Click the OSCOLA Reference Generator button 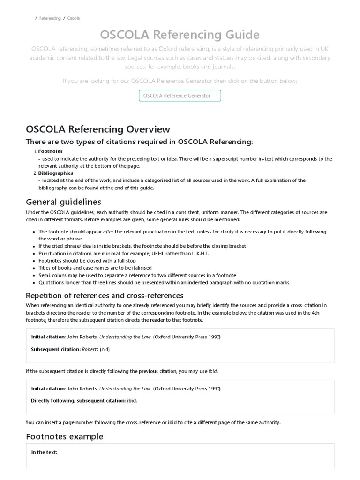click(x=180, y=96)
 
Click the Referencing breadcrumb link click(x=50, y=18)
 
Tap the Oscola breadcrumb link click(x=73, y=18)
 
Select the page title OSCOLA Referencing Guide click(x=180, y=34)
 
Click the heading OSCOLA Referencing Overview click(x=98, y=129)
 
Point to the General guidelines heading click(x=63, y=202)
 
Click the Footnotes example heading click(x=65, y=436)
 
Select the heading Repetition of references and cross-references click(x=105, y=295)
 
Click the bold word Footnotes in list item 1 click(x=50, y=151)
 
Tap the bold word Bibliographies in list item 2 click(x=55, y=173)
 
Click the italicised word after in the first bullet click(x=108, y=232)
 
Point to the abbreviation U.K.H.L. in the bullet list click(x=199, y=254)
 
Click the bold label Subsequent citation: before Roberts click(x=56, y=349)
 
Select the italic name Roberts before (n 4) click(x=90, y=349)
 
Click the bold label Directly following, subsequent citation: click(x=78, y=401)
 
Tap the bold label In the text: click(x=44, y=452)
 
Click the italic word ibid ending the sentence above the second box click(x=213, y=371)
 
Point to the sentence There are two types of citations click(x=139, y=142)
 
